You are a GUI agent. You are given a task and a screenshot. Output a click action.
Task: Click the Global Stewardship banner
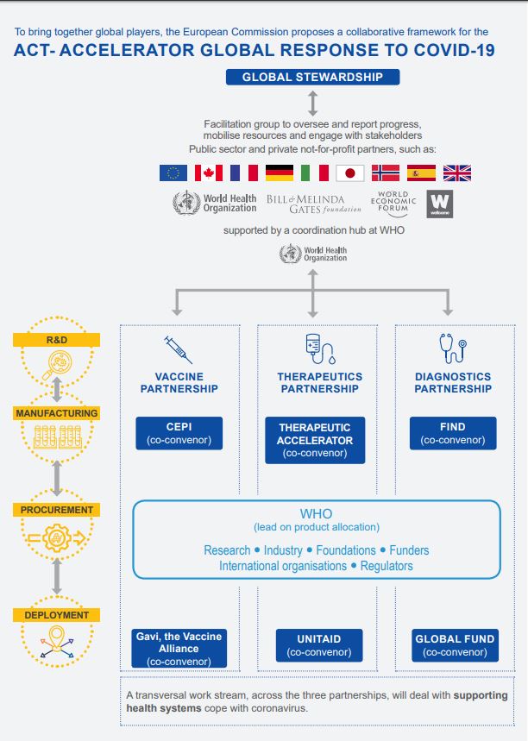point(312,77)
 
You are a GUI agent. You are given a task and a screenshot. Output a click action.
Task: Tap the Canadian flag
point(209,173)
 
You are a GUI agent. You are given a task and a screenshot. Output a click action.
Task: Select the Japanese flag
point(349,173)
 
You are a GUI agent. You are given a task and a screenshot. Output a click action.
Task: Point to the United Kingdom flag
point(457,173)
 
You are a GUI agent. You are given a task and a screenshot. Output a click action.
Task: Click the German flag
point(280,173)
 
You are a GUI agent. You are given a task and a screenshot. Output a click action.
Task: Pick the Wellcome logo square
point(440,204)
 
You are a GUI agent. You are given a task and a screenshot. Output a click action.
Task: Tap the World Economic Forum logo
point(393,204)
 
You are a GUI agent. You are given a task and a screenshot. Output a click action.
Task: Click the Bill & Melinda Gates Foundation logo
point(314,204)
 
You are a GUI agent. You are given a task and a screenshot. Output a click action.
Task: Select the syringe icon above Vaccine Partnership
point(179,349)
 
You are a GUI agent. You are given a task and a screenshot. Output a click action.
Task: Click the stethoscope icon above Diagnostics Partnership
point(453,348)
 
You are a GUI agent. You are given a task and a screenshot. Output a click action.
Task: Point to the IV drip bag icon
point(320,349)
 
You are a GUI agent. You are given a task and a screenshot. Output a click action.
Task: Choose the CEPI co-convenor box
point(179,433)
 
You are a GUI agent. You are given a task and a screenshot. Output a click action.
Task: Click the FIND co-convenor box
point(453,433)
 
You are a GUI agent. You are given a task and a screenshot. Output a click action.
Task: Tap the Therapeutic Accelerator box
point(315,440)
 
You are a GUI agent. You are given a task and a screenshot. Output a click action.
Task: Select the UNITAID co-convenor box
point(319,645)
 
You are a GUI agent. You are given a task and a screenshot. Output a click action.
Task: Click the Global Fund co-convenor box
point(455,645)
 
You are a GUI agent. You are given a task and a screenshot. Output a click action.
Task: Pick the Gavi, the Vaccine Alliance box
point(179,648)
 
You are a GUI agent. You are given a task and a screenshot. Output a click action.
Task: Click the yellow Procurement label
point(57,510)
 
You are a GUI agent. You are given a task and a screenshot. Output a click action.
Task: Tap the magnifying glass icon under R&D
point(57,365)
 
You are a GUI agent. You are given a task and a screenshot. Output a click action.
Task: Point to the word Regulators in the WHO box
point(387,566)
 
